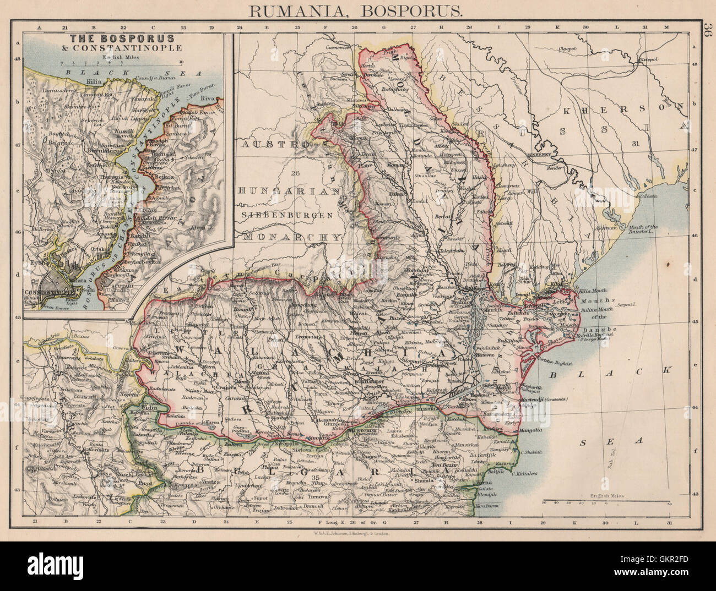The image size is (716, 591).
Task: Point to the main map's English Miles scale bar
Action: tap(605, 502)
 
